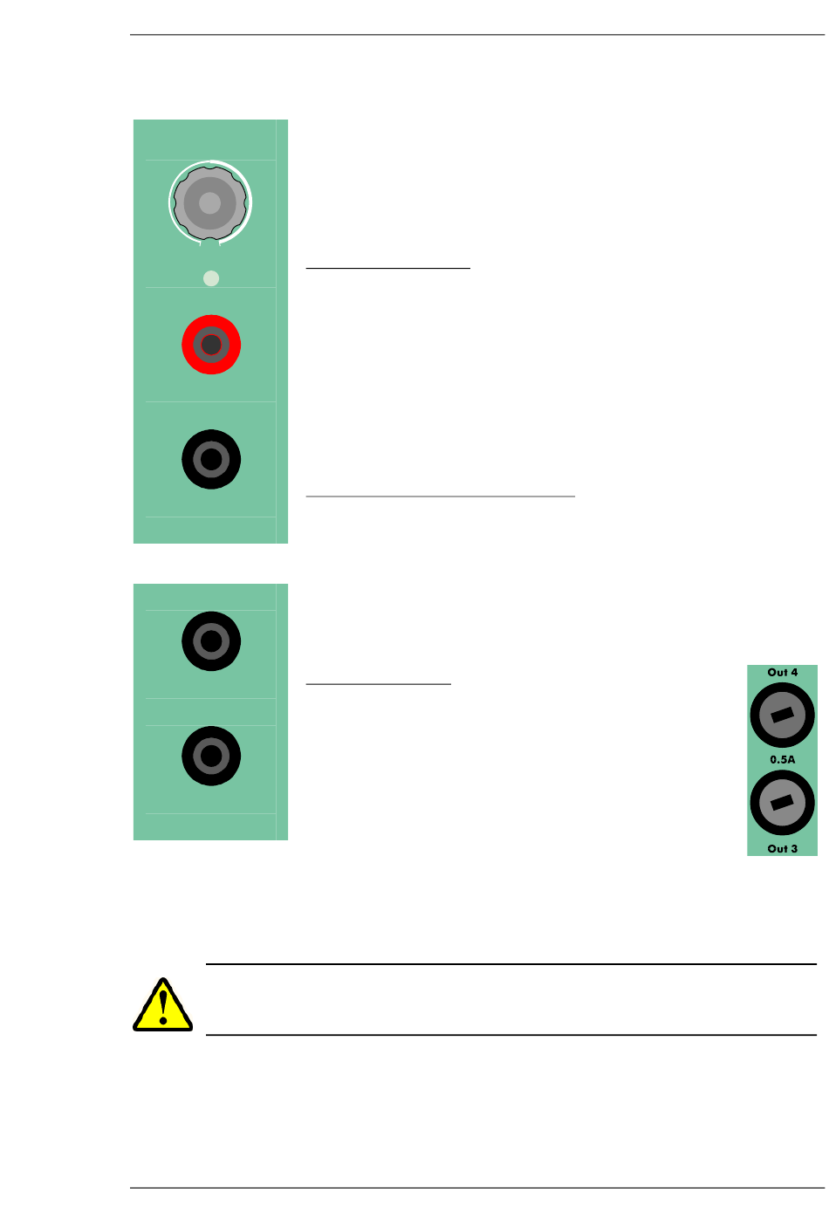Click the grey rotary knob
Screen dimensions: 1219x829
coord(210,202)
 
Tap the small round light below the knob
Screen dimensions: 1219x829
coord(211,278)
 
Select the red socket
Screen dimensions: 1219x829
coord(211,345)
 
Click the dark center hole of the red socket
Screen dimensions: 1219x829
coord(211,346)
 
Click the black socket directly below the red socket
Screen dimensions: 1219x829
coord(211,459)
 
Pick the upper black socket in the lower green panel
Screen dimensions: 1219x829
coord(211,641)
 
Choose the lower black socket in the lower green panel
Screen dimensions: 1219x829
coord(211,756)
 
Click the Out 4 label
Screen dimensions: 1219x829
coord(783,673)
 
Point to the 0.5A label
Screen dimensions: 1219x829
coord(783,760)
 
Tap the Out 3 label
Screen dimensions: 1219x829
coord(783,849)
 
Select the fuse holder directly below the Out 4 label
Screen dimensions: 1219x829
coord(783,715)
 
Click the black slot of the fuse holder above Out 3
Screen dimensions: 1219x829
coord(783,803)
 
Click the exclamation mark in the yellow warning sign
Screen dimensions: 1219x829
coord(163,1006)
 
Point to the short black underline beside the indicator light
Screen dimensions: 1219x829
coord(388,269)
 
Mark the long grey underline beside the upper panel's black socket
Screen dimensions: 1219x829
coord(441,497)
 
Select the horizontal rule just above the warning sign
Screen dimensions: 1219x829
coord(511,964)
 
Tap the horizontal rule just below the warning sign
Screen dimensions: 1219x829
coord(511,1035)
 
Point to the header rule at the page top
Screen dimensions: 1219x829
coord(477,35)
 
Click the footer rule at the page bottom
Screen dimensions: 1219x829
coord(477,1188)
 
